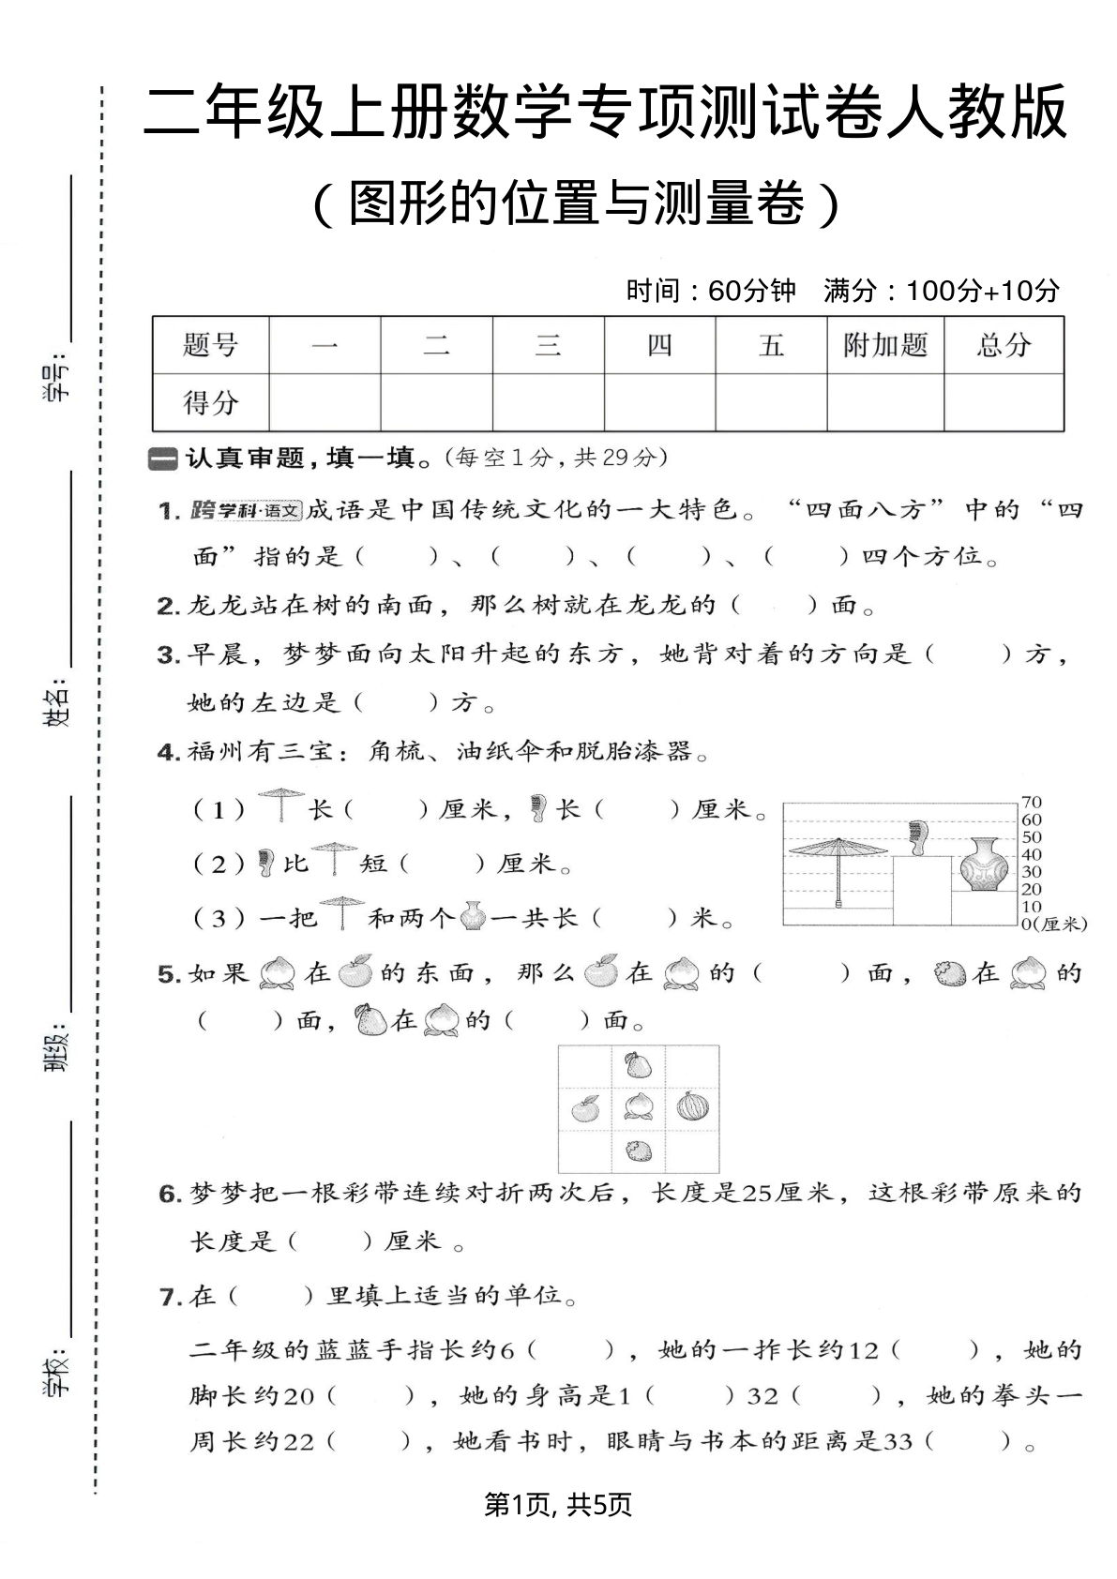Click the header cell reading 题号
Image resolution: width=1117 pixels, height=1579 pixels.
[210, 345]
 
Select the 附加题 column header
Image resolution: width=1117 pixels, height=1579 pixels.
[884, 345]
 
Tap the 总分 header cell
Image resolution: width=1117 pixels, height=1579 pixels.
[1004, 345]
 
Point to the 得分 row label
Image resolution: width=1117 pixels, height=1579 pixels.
[210, 402]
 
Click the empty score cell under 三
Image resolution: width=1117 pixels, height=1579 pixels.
[548, 402]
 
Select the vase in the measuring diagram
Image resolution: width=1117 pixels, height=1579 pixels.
[985, 865]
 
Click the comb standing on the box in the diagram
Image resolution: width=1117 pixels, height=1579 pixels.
[916, 837]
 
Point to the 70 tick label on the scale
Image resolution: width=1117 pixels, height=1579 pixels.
[1032, 803]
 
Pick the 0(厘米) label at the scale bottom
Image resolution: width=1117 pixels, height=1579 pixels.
[1052, 925]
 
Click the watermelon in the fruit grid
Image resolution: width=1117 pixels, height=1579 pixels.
[692, 1107]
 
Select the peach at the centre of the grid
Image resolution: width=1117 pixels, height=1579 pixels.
[639, 1107]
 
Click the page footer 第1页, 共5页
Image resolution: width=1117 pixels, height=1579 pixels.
[558, 1505]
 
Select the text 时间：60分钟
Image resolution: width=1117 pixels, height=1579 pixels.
[710, 291]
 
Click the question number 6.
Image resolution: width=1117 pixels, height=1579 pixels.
[169, 1195]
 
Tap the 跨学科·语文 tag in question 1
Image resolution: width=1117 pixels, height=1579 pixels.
[245, 510]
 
